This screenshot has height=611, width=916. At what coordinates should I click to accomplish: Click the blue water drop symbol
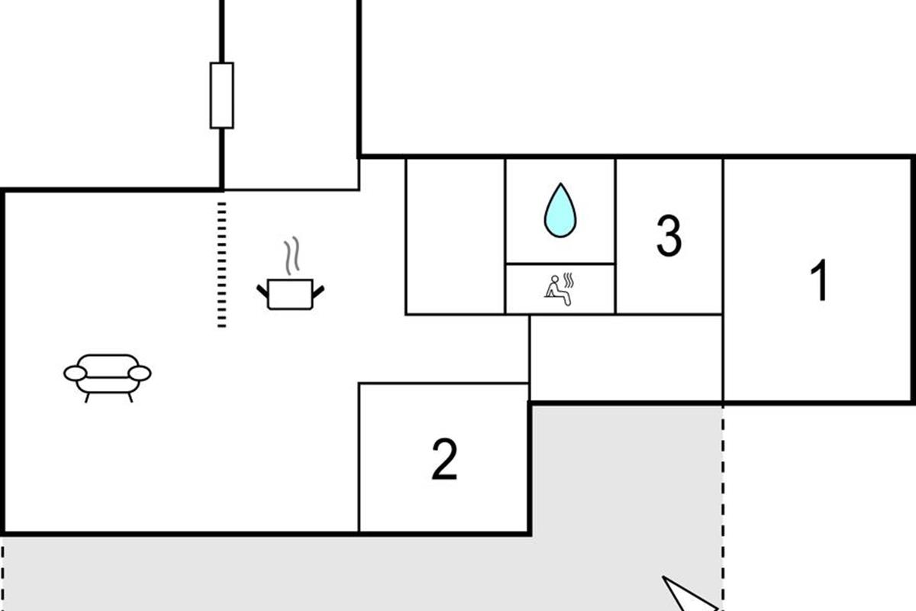click(x=560, y=210)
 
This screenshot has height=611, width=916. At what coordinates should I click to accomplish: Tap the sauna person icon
click(x=560, y=289)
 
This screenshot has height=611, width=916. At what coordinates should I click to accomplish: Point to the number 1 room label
click(x=820, y=280)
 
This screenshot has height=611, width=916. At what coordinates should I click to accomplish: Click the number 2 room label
click(x=444, y=459)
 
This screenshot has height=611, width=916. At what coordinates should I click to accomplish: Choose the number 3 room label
click(x=669, y=236)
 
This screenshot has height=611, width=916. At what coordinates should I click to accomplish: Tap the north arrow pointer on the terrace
click(x=689, y=594)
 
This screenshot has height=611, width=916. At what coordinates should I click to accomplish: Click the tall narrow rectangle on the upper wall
click(x=222, y=95)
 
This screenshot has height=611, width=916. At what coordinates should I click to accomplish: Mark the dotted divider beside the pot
click(x=221, y=265)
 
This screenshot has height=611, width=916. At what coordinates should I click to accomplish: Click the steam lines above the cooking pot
click(x=292, y=255)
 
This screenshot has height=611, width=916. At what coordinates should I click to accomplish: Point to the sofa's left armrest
click(x=76, y=373)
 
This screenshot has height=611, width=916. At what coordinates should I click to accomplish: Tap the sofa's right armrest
click(x=140, y=373)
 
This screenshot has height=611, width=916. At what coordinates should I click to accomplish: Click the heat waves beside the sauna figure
click(x=569, y=280)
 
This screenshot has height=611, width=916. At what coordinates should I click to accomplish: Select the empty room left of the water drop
click(x=456, y=237)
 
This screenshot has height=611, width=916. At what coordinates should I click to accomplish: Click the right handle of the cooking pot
click(x=318, y=292)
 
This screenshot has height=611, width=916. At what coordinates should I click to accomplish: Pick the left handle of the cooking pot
click(x=263, y=292)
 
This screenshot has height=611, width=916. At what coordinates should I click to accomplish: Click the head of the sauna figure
click(x=554, y=279)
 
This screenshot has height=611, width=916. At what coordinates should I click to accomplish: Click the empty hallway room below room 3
click(x=626, y=357)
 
